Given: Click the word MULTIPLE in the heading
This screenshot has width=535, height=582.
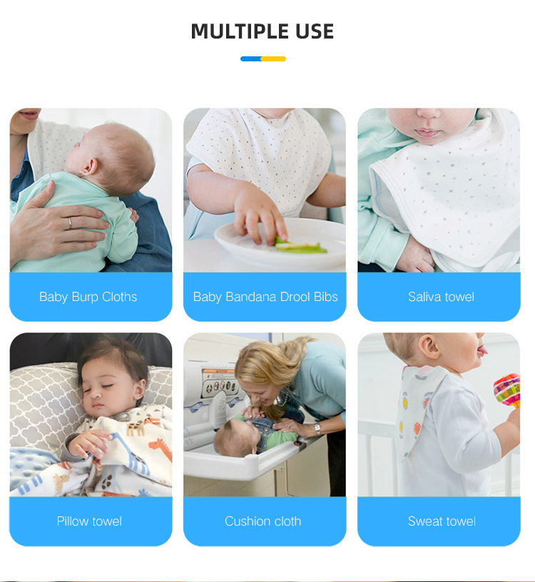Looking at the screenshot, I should click(230, 31).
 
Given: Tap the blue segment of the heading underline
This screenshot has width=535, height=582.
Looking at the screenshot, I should click(251, 58).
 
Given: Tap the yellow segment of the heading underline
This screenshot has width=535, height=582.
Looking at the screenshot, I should click(274, 58).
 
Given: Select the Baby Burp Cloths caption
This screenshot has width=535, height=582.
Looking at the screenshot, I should click(88, 297).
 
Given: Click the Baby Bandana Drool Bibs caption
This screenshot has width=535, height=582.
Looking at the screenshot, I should click(265, 297).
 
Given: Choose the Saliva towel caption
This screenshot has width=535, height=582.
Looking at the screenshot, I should click(441, 297).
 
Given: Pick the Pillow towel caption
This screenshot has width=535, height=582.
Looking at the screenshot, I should click(89, 521).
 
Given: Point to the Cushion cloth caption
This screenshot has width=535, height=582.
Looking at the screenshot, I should click(263, 521).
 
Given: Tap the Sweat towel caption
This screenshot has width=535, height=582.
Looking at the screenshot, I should click(442, 521).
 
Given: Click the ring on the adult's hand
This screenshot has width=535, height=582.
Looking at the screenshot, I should click(69, 223).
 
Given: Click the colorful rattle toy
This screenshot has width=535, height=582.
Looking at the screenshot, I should click(507, 389).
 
